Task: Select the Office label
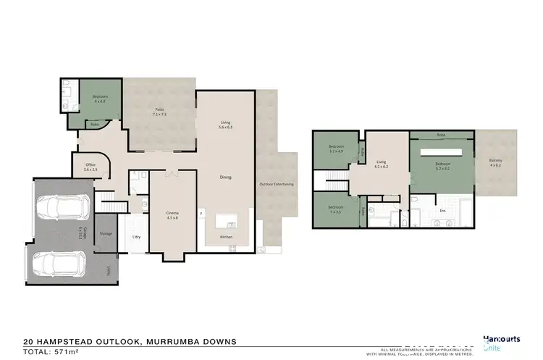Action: click(90, 167)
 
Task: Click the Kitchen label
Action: click(226, 237)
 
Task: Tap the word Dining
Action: click(226, 177)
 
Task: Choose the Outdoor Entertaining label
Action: click(277, 184)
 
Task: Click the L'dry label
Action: click(135, 237)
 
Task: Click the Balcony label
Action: click(495, 162)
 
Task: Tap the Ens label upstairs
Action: click(443, 211)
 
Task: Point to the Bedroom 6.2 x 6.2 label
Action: click(443, 166)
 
